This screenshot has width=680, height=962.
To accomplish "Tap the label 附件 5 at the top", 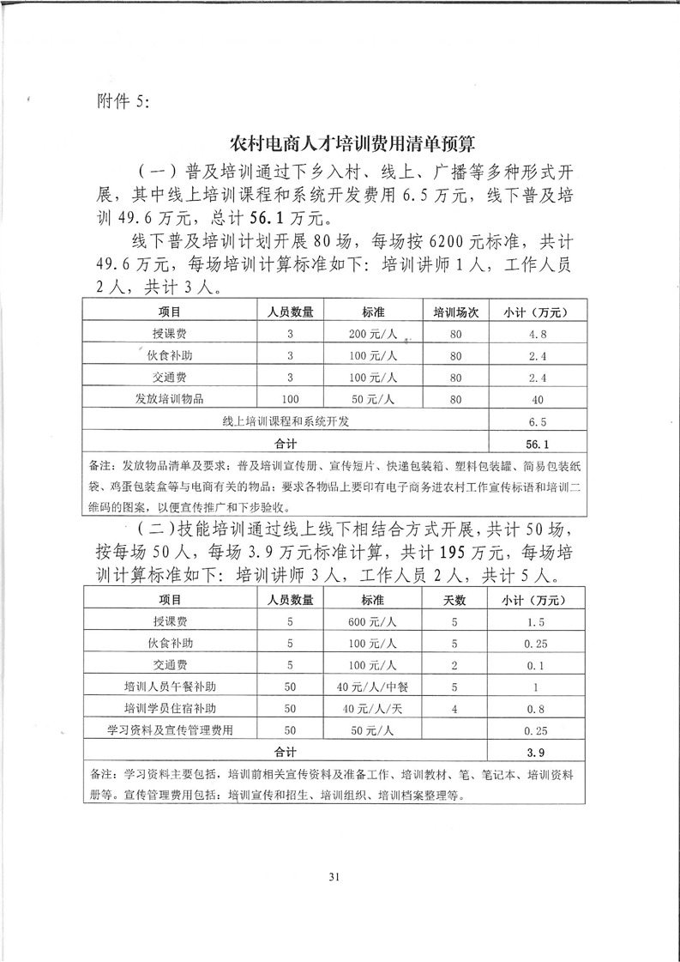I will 119,100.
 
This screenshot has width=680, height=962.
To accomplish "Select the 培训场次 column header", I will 454,312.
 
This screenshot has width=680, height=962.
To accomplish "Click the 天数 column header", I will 454,599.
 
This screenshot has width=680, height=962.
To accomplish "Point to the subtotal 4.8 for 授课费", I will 539,334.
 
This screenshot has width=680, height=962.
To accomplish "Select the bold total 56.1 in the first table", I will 538,444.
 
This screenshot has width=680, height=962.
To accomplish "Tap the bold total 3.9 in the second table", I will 537,752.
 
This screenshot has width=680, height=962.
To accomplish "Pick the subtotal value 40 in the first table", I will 539,399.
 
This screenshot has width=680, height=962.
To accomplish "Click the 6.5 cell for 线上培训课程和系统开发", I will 539,421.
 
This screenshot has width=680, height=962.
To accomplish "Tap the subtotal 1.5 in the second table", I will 538,621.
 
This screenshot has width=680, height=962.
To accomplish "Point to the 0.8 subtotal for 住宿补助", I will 538,708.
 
